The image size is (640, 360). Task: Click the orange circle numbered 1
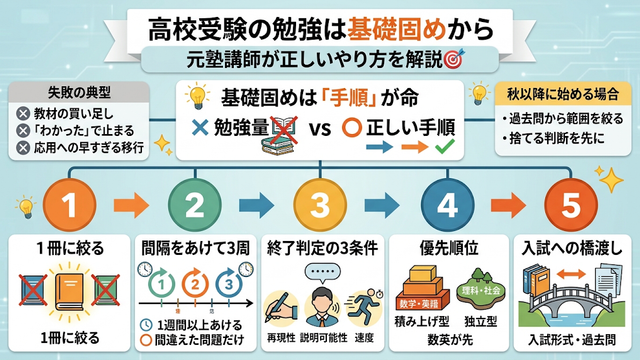[x=69, y=204]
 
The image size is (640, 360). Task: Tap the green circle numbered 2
[x=195, y=204]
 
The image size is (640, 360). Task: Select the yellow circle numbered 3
[x=320, y=204]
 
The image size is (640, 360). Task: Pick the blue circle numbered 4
[x=447, y=204]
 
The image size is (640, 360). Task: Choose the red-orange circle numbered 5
[x=571, y=204]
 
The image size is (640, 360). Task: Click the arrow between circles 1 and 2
[x=131, y=205]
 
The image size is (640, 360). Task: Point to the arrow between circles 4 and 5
[x=508, y=205]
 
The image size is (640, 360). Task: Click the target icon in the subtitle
[x=454, y=59]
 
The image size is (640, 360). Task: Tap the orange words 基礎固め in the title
[x=396, y=29]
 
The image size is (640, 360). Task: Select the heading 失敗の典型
[x=79, y=93]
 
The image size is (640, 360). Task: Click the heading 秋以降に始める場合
[x=563, y=94]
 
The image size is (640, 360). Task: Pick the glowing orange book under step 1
[x=69, y=291]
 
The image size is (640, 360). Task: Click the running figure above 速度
[x=363, y=308]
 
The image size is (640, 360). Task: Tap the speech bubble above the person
[x=322, y=272]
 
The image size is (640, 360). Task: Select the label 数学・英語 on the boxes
[x=419, y=304]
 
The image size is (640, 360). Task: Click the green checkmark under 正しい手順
[x=444, y=147]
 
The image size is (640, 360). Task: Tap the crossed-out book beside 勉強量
[x=283, y=131]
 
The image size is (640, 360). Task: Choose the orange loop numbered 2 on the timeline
[x=195, y=283]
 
